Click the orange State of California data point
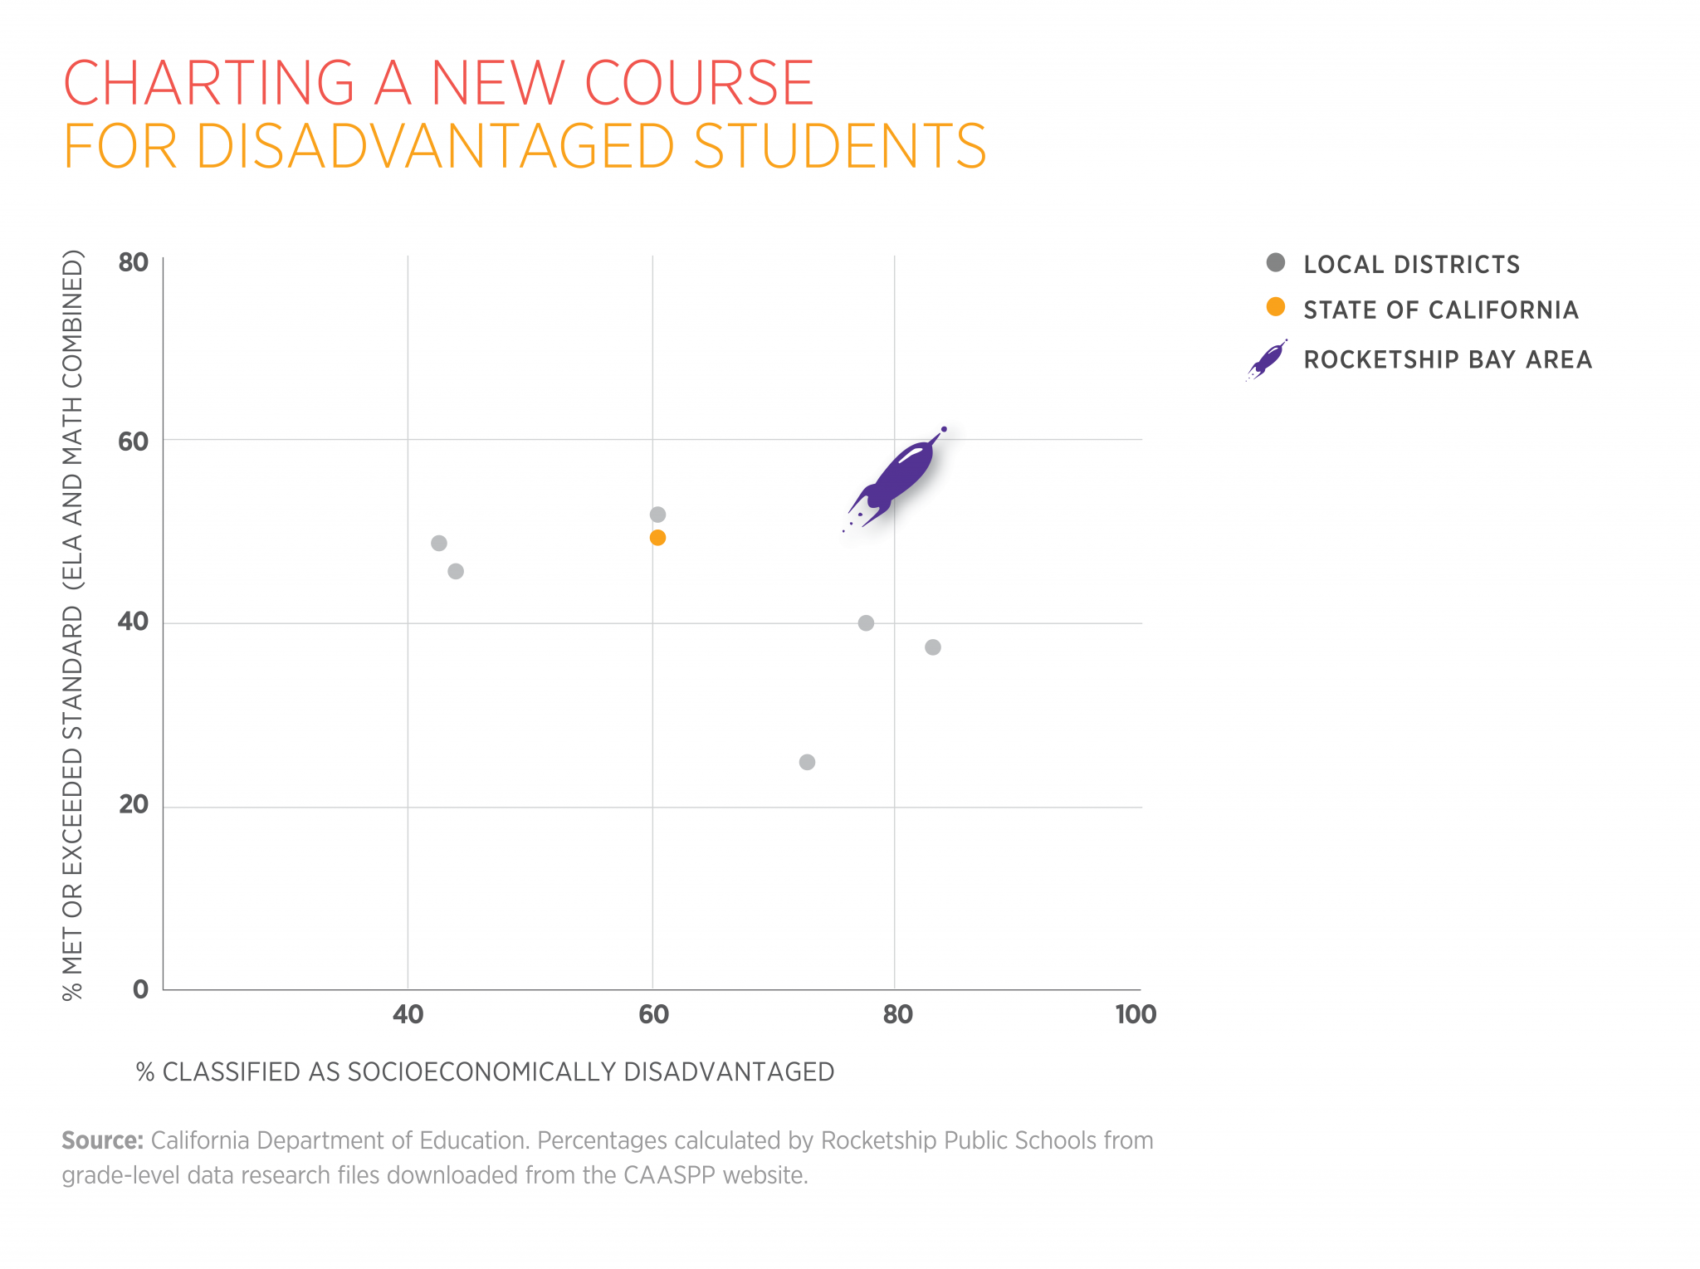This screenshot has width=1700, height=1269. point(657,538)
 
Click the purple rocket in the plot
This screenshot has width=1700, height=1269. point(896,477)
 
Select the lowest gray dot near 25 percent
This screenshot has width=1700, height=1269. point(807,762)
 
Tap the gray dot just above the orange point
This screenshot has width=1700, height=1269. point(657,515)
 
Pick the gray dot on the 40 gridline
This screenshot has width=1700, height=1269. point(866,622)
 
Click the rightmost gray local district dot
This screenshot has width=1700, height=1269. point(933,647)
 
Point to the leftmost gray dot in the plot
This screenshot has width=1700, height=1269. point(439,543)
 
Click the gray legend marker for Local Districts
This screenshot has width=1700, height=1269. point(1276,263)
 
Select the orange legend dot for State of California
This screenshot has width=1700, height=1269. point(1276,308)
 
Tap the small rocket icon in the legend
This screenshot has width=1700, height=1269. point(1267,360)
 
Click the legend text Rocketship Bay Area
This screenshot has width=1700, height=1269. point(1448,360)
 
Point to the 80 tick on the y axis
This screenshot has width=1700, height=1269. point(133,262)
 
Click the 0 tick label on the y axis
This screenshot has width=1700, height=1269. point(140,988)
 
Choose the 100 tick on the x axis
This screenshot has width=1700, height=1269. point(1136,1014)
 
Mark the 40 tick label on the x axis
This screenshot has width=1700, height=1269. point(408,1014)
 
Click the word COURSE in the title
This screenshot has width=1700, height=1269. point(699,83)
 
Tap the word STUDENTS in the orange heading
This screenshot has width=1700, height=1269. point(839,147)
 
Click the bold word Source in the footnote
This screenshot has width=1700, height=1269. point(102,1140)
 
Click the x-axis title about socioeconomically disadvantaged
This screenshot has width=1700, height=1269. point(486,1071)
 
